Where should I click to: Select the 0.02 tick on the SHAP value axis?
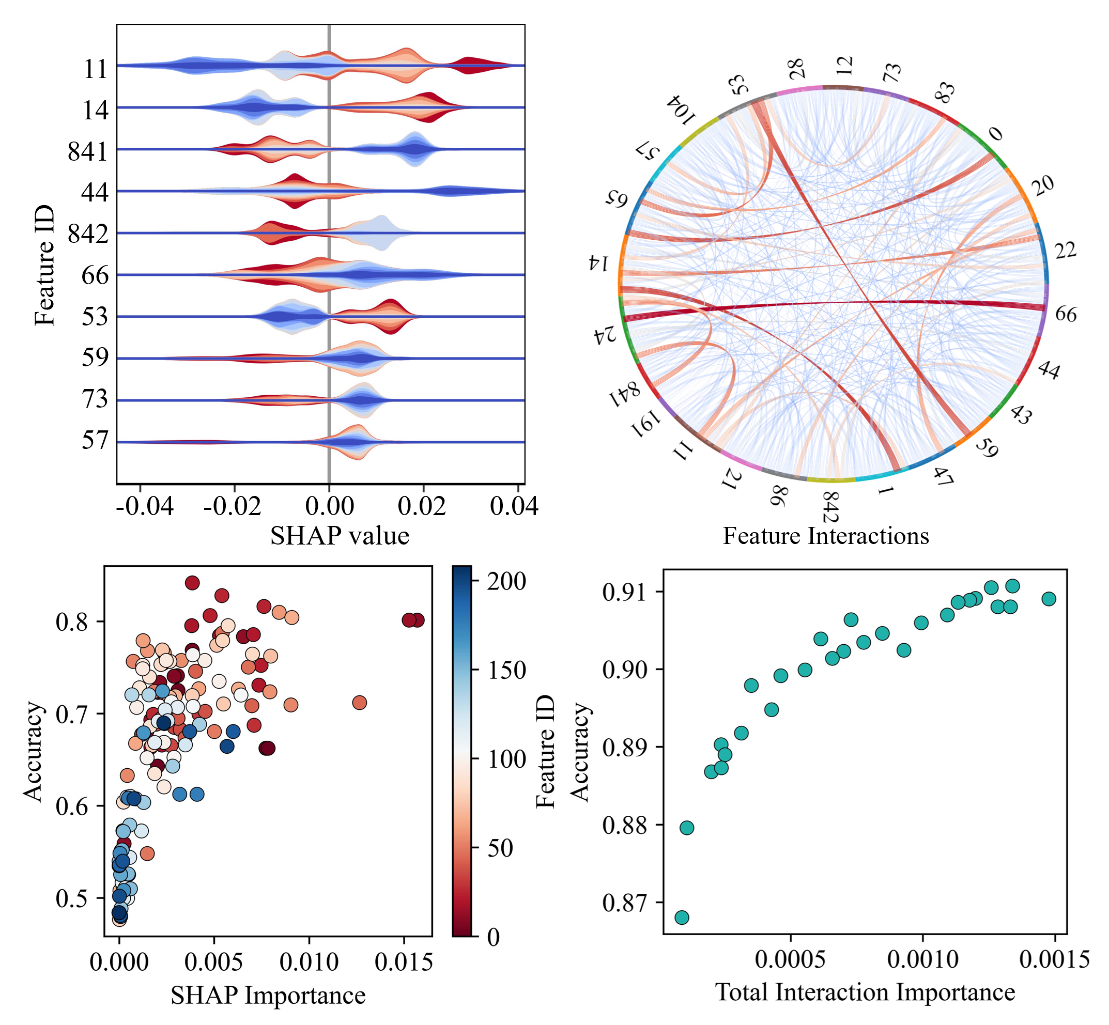point(422,506)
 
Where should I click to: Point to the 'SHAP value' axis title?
point(340,536)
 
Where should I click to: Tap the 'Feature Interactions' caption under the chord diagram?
point(825,536)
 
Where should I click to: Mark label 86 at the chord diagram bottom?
point(779,495)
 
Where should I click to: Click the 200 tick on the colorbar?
point(506,582)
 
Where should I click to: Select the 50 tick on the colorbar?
point(500,848)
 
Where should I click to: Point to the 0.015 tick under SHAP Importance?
point(403,961)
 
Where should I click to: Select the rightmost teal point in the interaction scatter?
point(1049,598)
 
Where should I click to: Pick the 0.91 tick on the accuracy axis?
point(625,593)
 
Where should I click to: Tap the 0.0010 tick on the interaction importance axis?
point(922,959)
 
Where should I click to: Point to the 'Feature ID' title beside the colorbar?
point(545,752)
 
